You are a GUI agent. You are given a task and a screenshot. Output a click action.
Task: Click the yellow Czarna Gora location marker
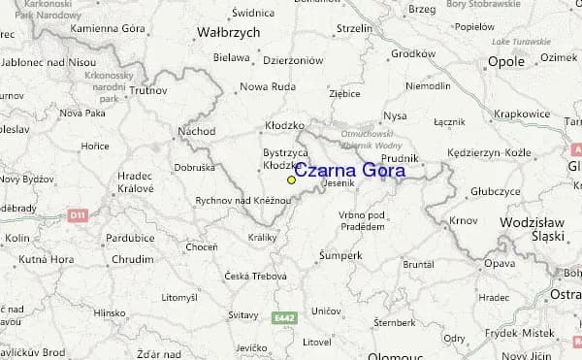(x=291, y=180)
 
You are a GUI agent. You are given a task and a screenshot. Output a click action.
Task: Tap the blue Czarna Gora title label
(x=350, y=171)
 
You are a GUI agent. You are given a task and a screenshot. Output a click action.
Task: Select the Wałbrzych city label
(x=228, y=32)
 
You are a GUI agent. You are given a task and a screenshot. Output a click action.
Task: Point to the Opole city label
(x=505, y=61)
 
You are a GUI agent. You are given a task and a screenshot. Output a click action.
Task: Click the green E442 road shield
(x=283, y=316)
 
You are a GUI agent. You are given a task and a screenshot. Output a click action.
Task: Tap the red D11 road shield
(x=79, y=213)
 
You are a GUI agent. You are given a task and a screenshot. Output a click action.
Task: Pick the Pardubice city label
(x=131, y=238)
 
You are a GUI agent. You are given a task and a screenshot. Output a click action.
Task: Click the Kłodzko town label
(x=284, y=126)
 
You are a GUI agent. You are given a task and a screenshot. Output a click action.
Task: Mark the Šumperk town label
(x=340, y=255)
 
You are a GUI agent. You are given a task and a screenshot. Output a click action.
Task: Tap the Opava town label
(x=500, y=263)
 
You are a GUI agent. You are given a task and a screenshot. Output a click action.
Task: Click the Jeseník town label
(x=339, y=183)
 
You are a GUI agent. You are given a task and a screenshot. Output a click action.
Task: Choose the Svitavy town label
(x=242, y=315)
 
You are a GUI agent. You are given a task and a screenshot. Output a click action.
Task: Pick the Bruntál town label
(x=418, y=264)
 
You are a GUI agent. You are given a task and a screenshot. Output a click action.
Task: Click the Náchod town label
(x=197, y=131)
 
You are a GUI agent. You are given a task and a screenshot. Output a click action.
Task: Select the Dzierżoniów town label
(x=292, y=59)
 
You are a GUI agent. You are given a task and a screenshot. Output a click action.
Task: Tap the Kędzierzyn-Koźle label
(x=489, y=153)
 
